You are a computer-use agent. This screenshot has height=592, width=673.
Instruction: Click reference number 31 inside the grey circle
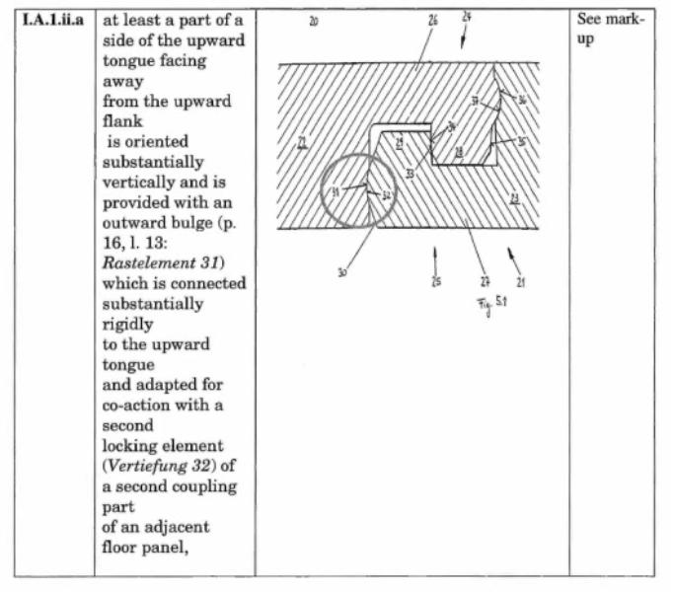click(x=335, y=191)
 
